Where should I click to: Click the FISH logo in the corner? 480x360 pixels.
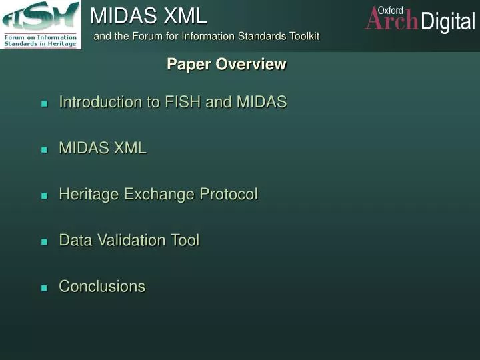[x=41, y=25]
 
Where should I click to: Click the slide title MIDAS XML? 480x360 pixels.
[x=149, y=15]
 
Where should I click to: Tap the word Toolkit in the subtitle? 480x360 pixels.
[x=298, y=36]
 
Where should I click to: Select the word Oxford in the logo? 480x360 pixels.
[x=391, y=10]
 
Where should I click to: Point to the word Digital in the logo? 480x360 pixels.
[x=448, y=22]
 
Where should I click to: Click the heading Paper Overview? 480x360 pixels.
[x=227, y=64]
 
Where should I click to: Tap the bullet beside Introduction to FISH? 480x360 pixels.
[x=45, y=104]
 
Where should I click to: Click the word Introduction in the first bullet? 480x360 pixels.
[x=100, y=102]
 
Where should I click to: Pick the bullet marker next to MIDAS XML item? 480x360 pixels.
[x=45, y=150]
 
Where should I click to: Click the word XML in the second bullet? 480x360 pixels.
[x=130, y=148]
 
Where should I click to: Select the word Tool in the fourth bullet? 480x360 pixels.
[x=185, y=240]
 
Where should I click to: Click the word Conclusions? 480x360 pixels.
[x=102, y=286]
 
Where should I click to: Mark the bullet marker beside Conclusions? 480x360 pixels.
[x=45, y=288]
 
